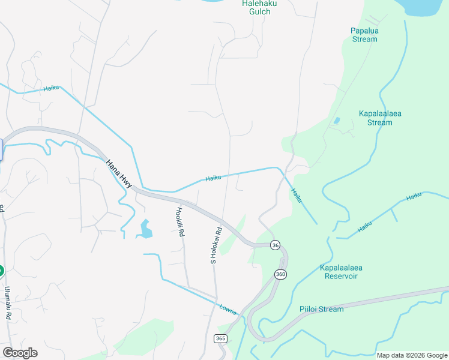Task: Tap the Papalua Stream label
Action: pos(364,35)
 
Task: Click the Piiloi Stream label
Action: pos(321,309)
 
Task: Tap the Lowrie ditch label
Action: pos(228,309)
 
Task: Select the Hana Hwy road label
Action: pos(118,174)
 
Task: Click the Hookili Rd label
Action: pos(179,221)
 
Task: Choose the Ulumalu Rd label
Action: pos(8,302)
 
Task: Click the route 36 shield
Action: pos(275,245)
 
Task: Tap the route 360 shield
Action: pos(280,274)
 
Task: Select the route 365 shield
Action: pos(220,339)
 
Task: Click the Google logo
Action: pos(20,353)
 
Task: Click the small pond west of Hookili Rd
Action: pos(145,229)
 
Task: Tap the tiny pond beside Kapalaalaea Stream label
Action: pos(336,121)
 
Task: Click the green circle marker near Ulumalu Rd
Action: pos(1,271)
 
